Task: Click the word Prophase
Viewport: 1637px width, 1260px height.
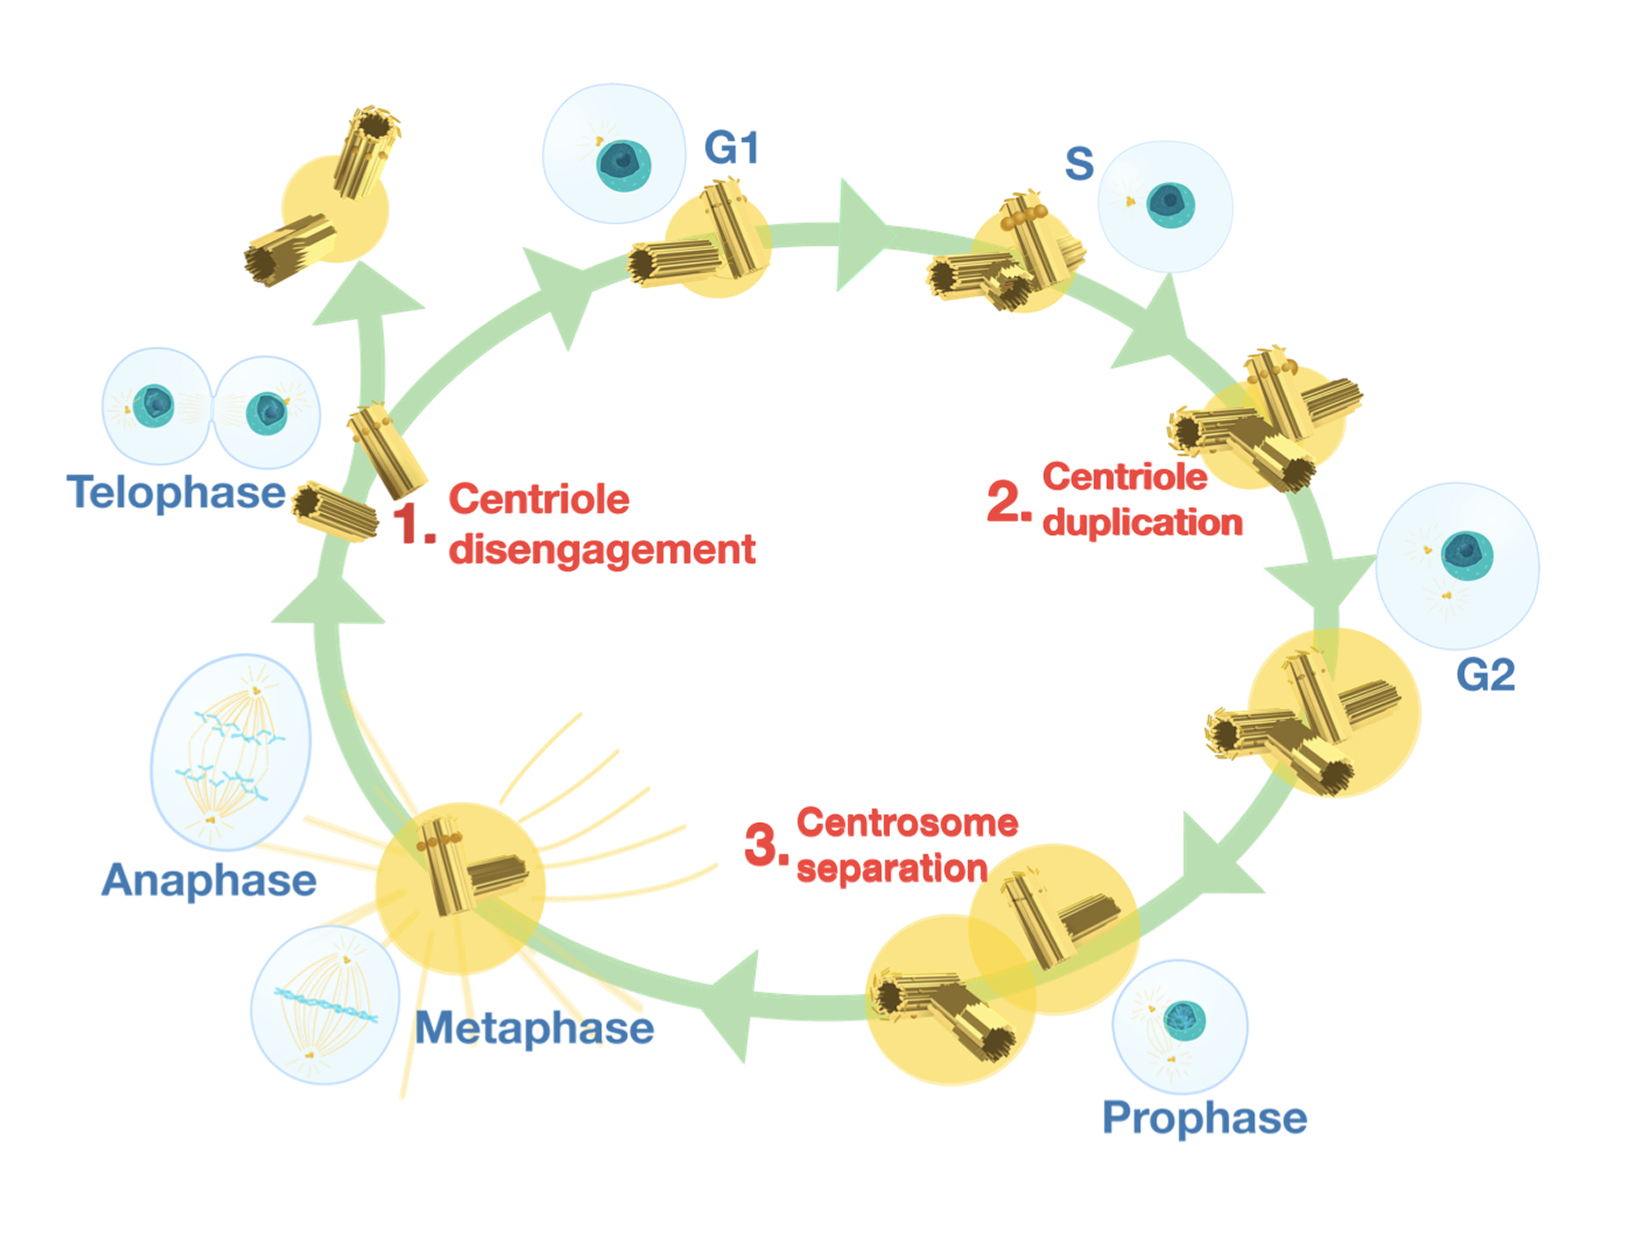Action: click(x=1205, y=1118)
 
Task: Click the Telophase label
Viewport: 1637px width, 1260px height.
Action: click(x=176, y=493)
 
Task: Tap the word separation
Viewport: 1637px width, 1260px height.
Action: click(x=891, y=869)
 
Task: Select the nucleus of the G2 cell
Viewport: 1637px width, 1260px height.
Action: click(x=1467, y=555)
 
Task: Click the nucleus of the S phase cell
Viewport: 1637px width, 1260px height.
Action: click(x=1170, y=204)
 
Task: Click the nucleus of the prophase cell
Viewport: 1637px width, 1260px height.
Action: click(x=1185, y=1021)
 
